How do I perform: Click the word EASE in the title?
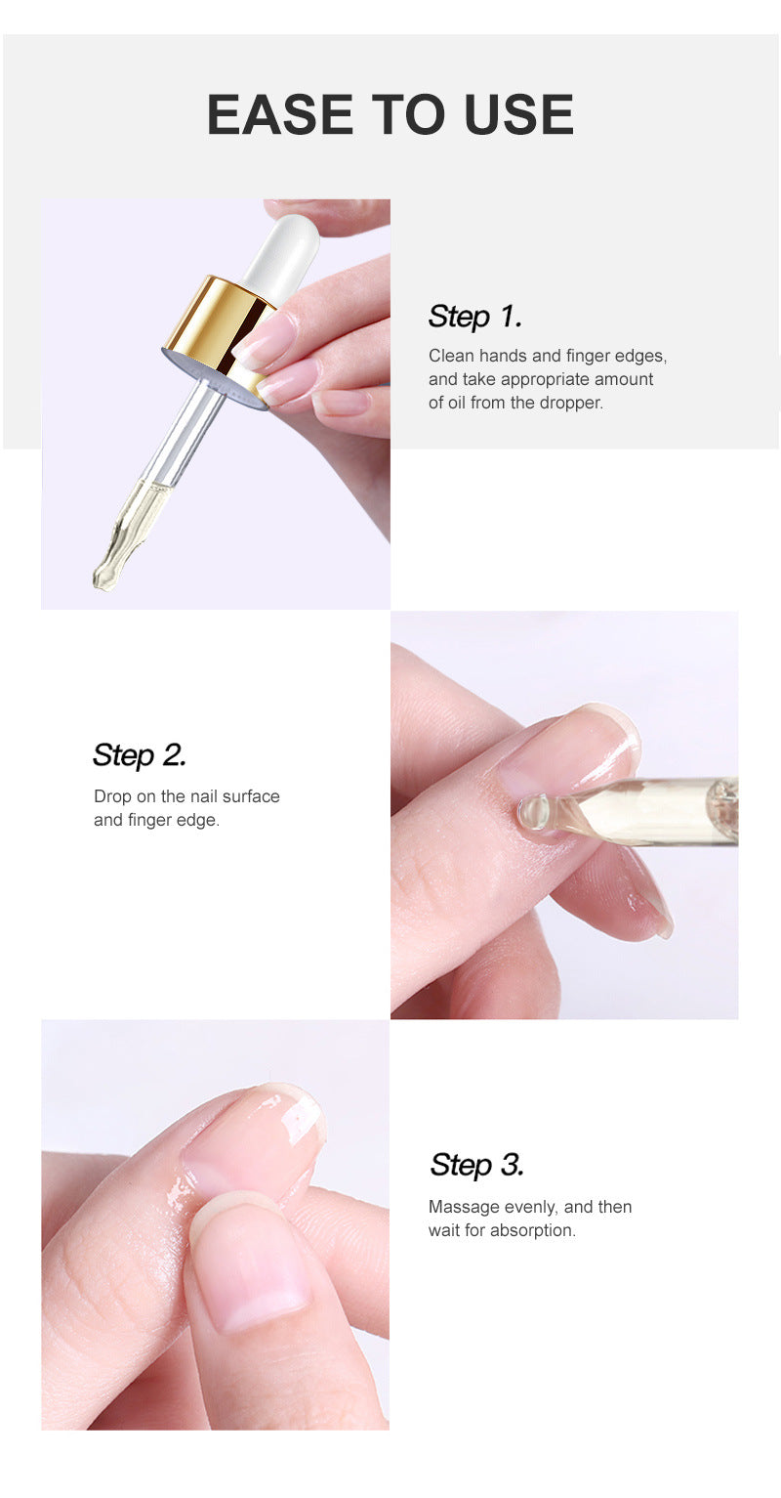280,114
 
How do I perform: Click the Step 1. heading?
475,317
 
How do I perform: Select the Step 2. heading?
140,755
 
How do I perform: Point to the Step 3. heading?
477,1165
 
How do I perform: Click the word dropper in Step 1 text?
570,403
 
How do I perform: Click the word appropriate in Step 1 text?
543,380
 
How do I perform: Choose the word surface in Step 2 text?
251,796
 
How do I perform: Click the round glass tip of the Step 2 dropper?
534,812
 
